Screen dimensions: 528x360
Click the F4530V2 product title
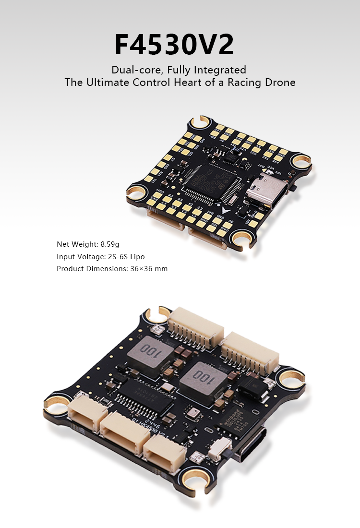(174, 45)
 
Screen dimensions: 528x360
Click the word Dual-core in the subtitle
(132, 70)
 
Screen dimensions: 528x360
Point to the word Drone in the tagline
(280, 82)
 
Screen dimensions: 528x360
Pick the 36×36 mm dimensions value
(149, 269)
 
